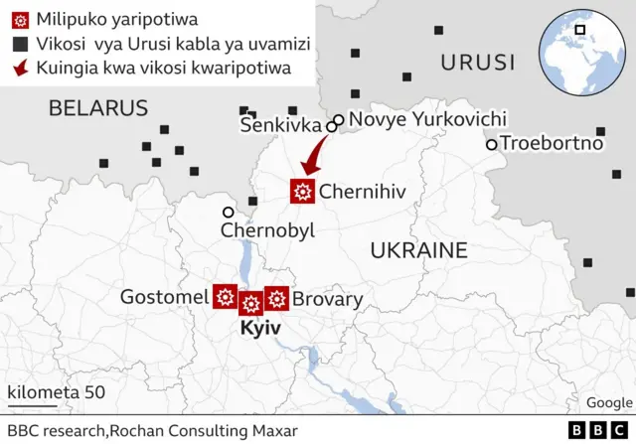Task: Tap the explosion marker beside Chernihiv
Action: (x=303, y=192)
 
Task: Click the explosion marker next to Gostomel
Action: (x=226, y=296)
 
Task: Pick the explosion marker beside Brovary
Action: (x=277, y=297)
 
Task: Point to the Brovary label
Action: (x=328, y=299)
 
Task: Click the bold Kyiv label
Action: (x=261, y=328)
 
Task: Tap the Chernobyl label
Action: (x=267, y=230)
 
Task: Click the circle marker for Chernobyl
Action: (x=229, y=212)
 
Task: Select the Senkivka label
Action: (x=281, y=125)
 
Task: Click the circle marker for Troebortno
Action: (x=491, y=144)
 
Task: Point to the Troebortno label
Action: (x=552, y=143)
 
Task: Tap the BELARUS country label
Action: (x=98, y=108)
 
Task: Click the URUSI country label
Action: (x=478, y=63)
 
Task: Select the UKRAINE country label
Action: (x=418, y=250)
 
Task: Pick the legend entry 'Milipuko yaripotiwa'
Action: (x=116, y=19)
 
